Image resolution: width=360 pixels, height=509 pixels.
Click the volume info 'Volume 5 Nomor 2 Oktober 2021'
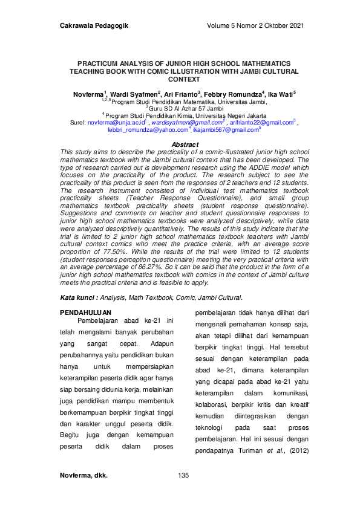(x=255, y=25)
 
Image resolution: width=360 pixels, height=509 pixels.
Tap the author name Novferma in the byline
(x=88, y=95)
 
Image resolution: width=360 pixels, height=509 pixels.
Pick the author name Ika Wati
(x=279, y=95)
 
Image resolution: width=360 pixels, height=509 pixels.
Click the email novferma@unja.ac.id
(x=116, y=122)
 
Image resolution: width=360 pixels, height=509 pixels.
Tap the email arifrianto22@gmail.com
(x=261, y=122)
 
